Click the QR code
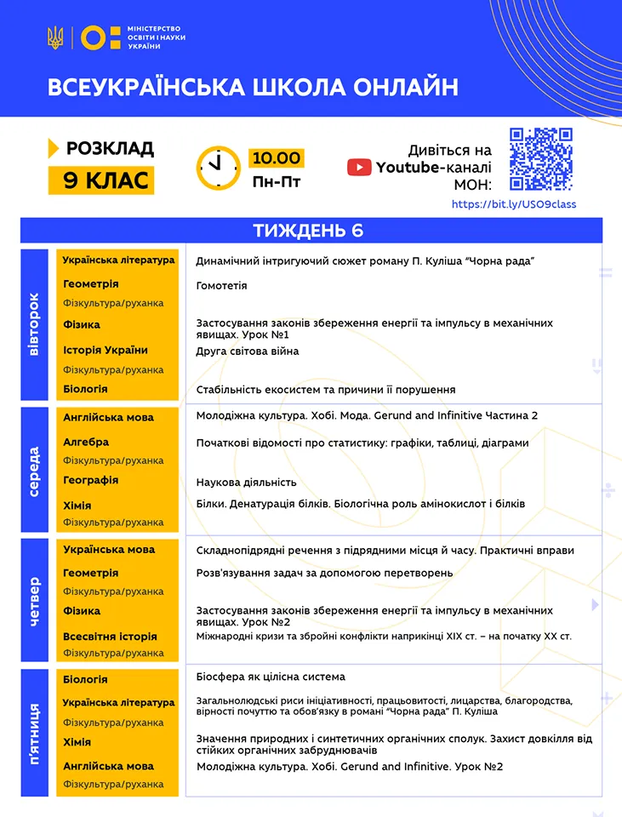[x=540, y=159]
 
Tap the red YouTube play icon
[x=359, y=168]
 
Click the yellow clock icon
[x=219, y=168]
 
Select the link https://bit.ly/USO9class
[x=513, y=204]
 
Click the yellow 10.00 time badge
[x=276, y=158]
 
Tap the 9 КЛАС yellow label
[x=101, y=180]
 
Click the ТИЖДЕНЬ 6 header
[x=311, y=231]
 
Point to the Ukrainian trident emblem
[x=55, y=37]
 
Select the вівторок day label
[x=34, y=324]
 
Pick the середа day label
[x=34, y=470]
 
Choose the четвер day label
[x=34, y=600]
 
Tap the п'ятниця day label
[x=34, y=733]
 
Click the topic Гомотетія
[x=221, y=286]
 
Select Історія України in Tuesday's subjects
[x=106, y=350]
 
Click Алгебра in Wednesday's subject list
[x=86, y=442]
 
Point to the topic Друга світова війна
[x=247, y=351]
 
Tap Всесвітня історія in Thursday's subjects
[x=110, y=636]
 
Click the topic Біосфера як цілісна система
[x=271, y=677]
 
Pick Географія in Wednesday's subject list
[x=91, y=480]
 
